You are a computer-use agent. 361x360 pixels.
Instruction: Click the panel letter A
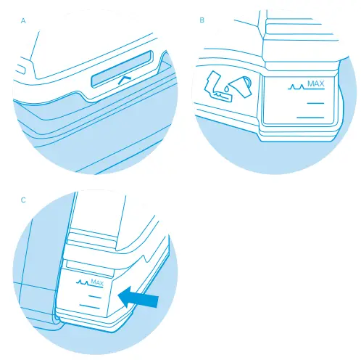click(24, 21)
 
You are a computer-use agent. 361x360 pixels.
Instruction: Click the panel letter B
click(202, 21)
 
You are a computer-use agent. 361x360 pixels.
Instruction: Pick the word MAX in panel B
click(315, 85)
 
